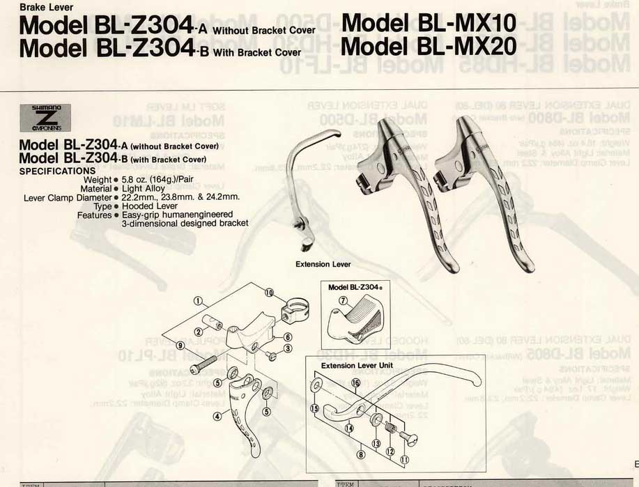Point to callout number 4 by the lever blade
coord(217,417)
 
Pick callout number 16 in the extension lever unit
coord(355,382)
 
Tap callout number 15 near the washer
coord(314,409)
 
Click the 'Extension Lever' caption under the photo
coord(323,265)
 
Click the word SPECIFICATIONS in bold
coord(57,171)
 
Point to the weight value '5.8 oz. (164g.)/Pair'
coord(157,179)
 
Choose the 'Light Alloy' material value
coord(143,188)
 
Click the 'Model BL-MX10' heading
coord(429,23)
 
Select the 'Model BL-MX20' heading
coord(429,47)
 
